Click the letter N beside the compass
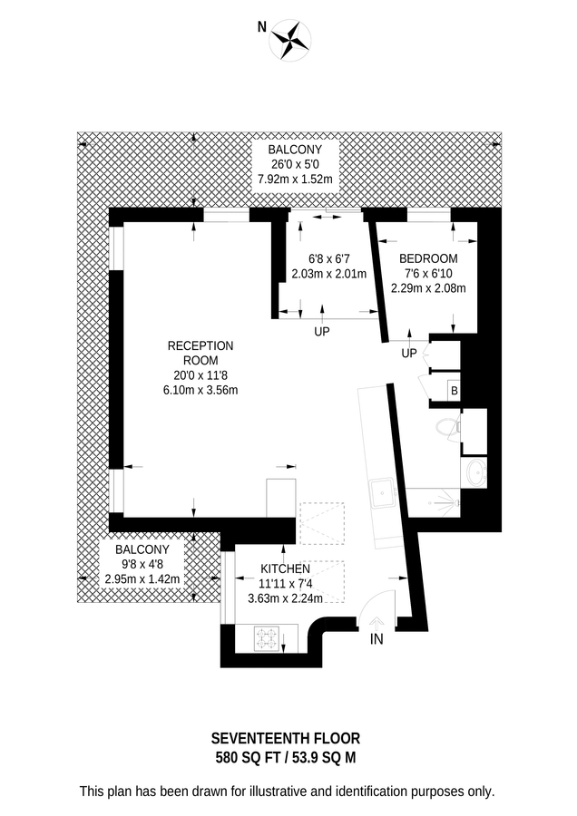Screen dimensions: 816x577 pyautogui.click(x=262, y=27)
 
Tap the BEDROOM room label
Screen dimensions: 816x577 pyautogui.click(x=427, y=258)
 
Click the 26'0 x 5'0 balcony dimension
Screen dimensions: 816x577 pyautogui.click(x=296, y=164)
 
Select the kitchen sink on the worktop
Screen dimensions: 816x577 pyautogui.click(x=381, y=494)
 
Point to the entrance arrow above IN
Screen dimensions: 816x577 pyautogui.click(x=377, y=622)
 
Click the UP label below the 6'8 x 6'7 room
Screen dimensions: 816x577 pyautogui.click(x=321, y=332)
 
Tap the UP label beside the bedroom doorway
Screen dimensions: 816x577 pyautogui.click(x=409, y=353)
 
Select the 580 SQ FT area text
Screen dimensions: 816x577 pyautogui.click(x=251, y=757)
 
